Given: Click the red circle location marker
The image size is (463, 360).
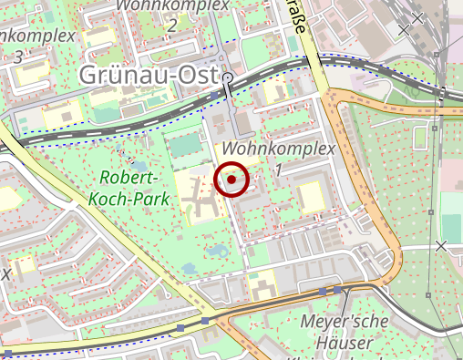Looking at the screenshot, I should coord(232,180).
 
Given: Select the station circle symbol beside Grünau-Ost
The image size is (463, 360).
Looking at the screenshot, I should coord(227,78).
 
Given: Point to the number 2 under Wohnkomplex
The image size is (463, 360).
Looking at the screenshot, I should coord(172,25).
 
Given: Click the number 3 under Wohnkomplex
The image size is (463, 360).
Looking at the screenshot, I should coord(18,57).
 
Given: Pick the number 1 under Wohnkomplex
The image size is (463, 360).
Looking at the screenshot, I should coord(278,170).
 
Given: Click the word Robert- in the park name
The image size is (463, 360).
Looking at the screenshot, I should coord(130,177).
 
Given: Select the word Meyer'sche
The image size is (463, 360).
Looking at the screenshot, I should coord(344,322).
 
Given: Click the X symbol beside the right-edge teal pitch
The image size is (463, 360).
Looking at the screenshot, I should coord(441,246).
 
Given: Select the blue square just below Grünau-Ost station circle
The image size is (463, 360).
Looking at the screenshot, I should coord(215,95).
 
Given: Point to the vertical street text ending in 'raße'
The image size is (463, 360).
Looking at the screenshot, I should coord(297,16).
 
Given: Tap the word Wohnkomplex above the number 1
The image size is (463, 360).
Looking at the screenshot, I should coord(279,148).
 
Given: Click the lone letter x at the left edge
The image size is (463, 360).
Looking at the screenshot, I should coord(5,273).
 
